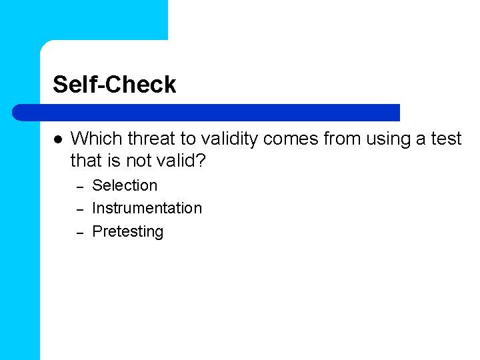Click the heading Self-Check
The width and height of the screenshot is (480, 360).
(114, 85)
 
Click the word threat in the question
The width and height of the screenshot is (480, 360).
(150, 139)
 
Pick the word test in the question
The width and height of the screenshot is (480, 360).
(445, 139)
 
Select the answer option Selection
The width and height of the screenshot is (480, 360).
(125, 185)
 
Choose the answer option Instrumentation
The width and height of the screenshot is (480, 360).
(147, 208)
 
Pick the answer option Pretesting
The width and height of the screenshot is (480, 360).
(127, 231)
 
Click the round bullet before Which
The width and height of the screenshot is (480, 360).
(58, 140)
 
